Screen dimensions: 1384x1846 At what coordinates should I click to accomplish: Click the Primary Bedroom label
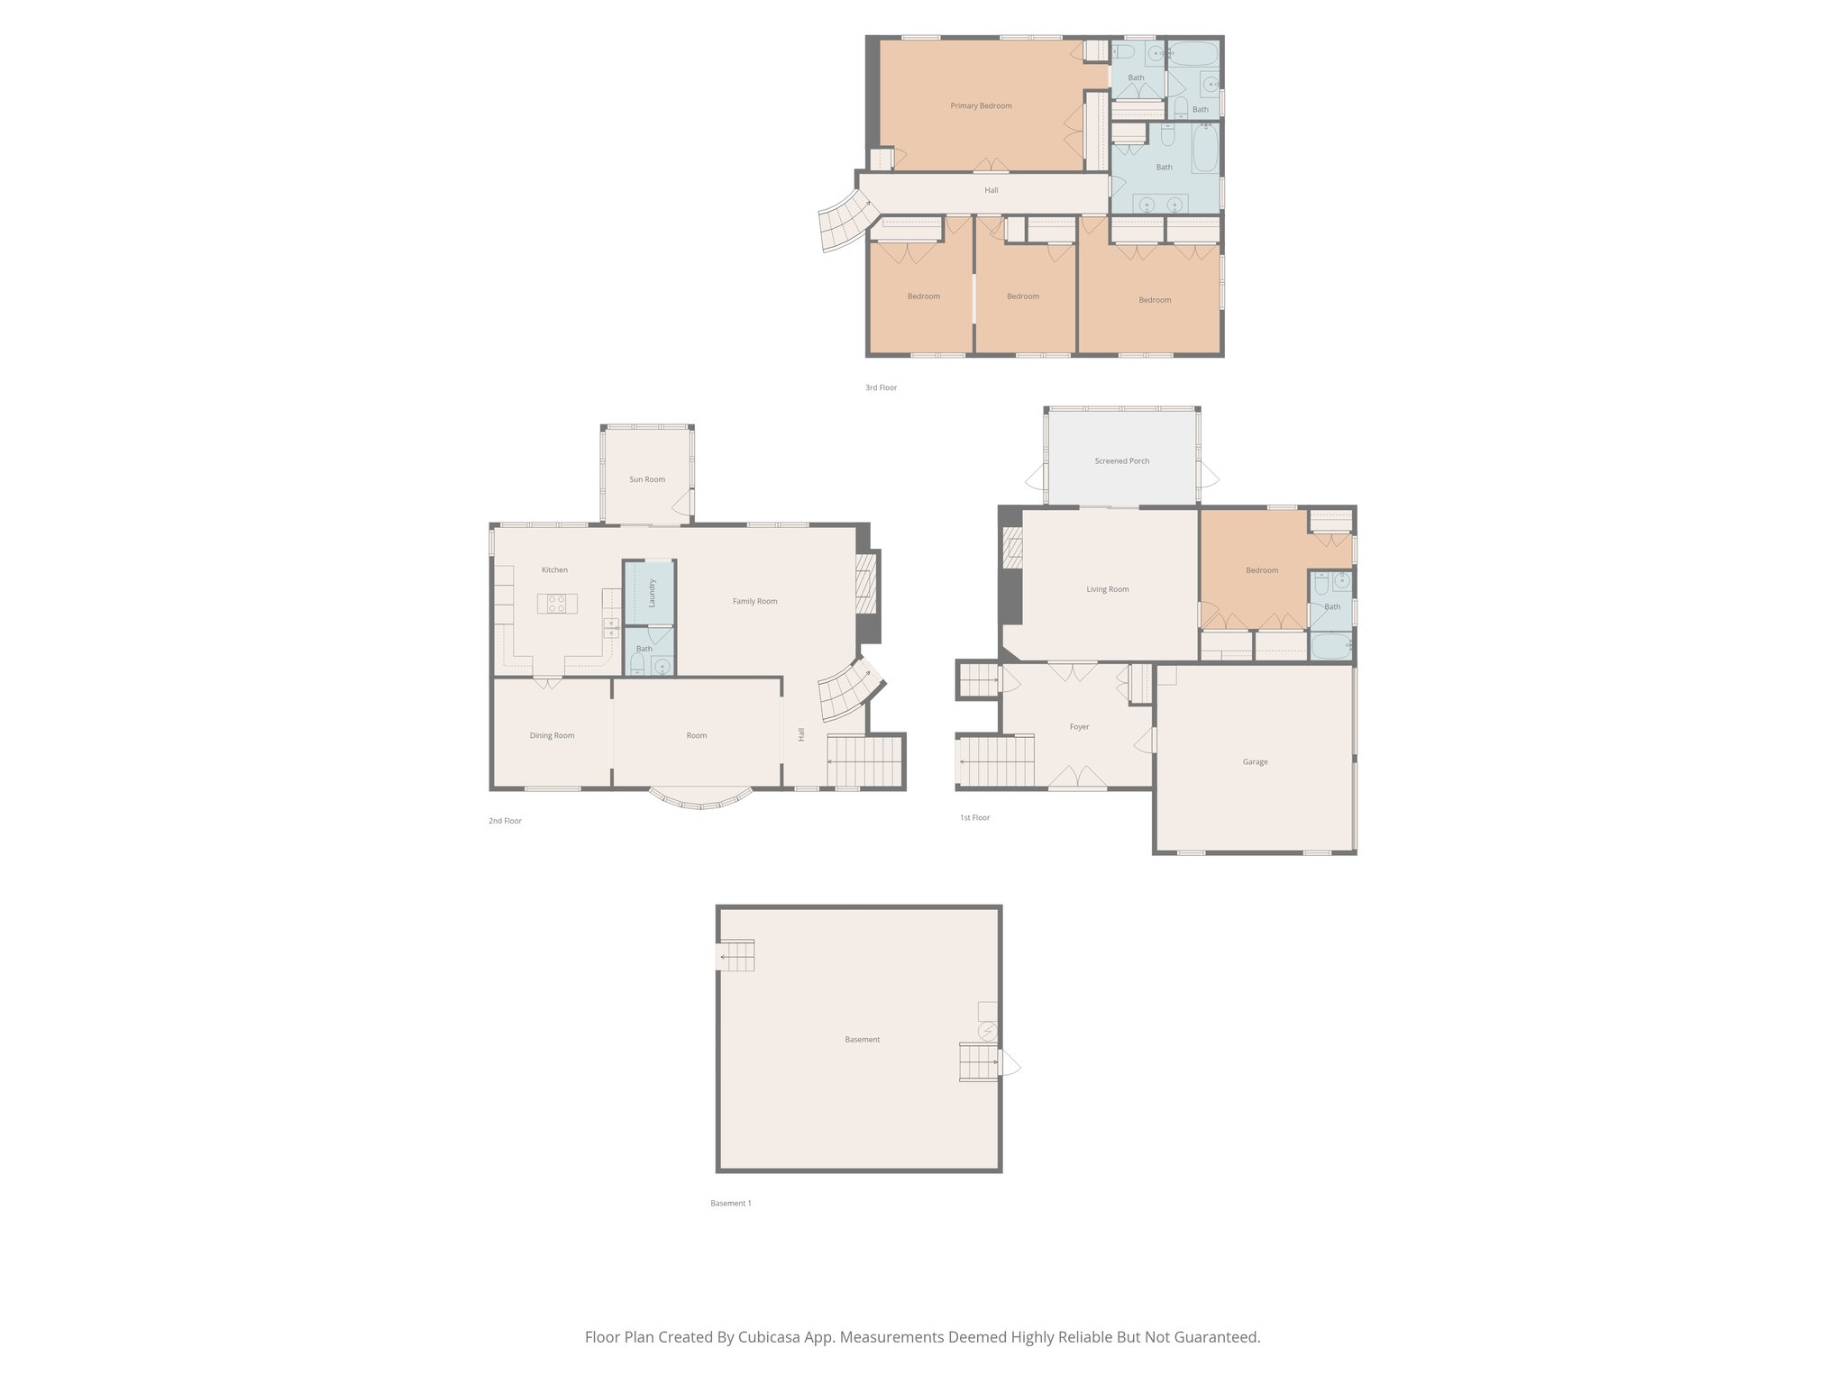[x=981, y=106]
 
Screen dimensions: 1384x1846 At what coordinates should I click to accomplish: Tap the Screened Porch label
[x=1121, y=461]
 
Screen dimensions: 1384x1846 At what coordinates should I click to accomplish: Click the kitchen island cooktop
[x=557, y=604]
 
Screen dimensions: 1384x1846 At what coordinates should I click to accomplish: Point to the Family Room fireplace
[x=865, y=584]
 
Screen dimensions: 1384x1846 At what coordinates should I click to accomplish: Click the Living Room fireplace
[x=1012, y=548]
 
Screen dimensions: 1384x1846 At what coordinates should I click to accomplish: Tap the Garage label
[x=1255, y=762]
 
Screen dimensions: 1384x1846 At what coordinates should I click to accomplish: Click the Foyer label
[x=1079, y=727]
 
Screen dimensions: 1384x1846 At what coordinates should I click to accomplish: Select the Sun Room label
[x=647, y=479]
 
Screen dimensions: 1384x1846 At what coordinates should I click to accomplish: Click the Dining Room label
[x=552, y=736]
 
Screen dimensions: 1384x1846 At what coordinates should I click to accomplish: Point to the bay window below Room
[x=700, y=801]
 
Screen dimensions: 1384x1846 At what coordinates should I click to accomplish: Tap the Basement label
[x=862, y=1040]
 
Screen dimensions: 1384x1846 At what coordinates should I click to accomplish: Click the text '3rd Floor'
[x=881, y=388]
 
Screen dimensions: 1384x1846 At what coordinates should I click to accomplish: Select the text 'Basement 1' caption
[x=730, y=1204]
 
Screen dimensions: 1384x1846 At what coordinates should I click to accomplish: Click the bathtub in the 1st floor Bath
[x=1330, y=646]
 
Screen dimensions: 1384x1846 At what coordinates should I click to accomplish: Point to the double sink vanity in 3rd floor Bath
[x=1160, y=205]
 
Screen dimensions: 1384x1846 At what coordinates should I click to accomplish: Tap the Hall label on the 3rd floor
[x=991, y=191]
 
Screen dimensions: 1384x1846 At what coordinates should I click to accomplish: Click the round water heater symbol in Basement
[x=988, y=1030]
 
